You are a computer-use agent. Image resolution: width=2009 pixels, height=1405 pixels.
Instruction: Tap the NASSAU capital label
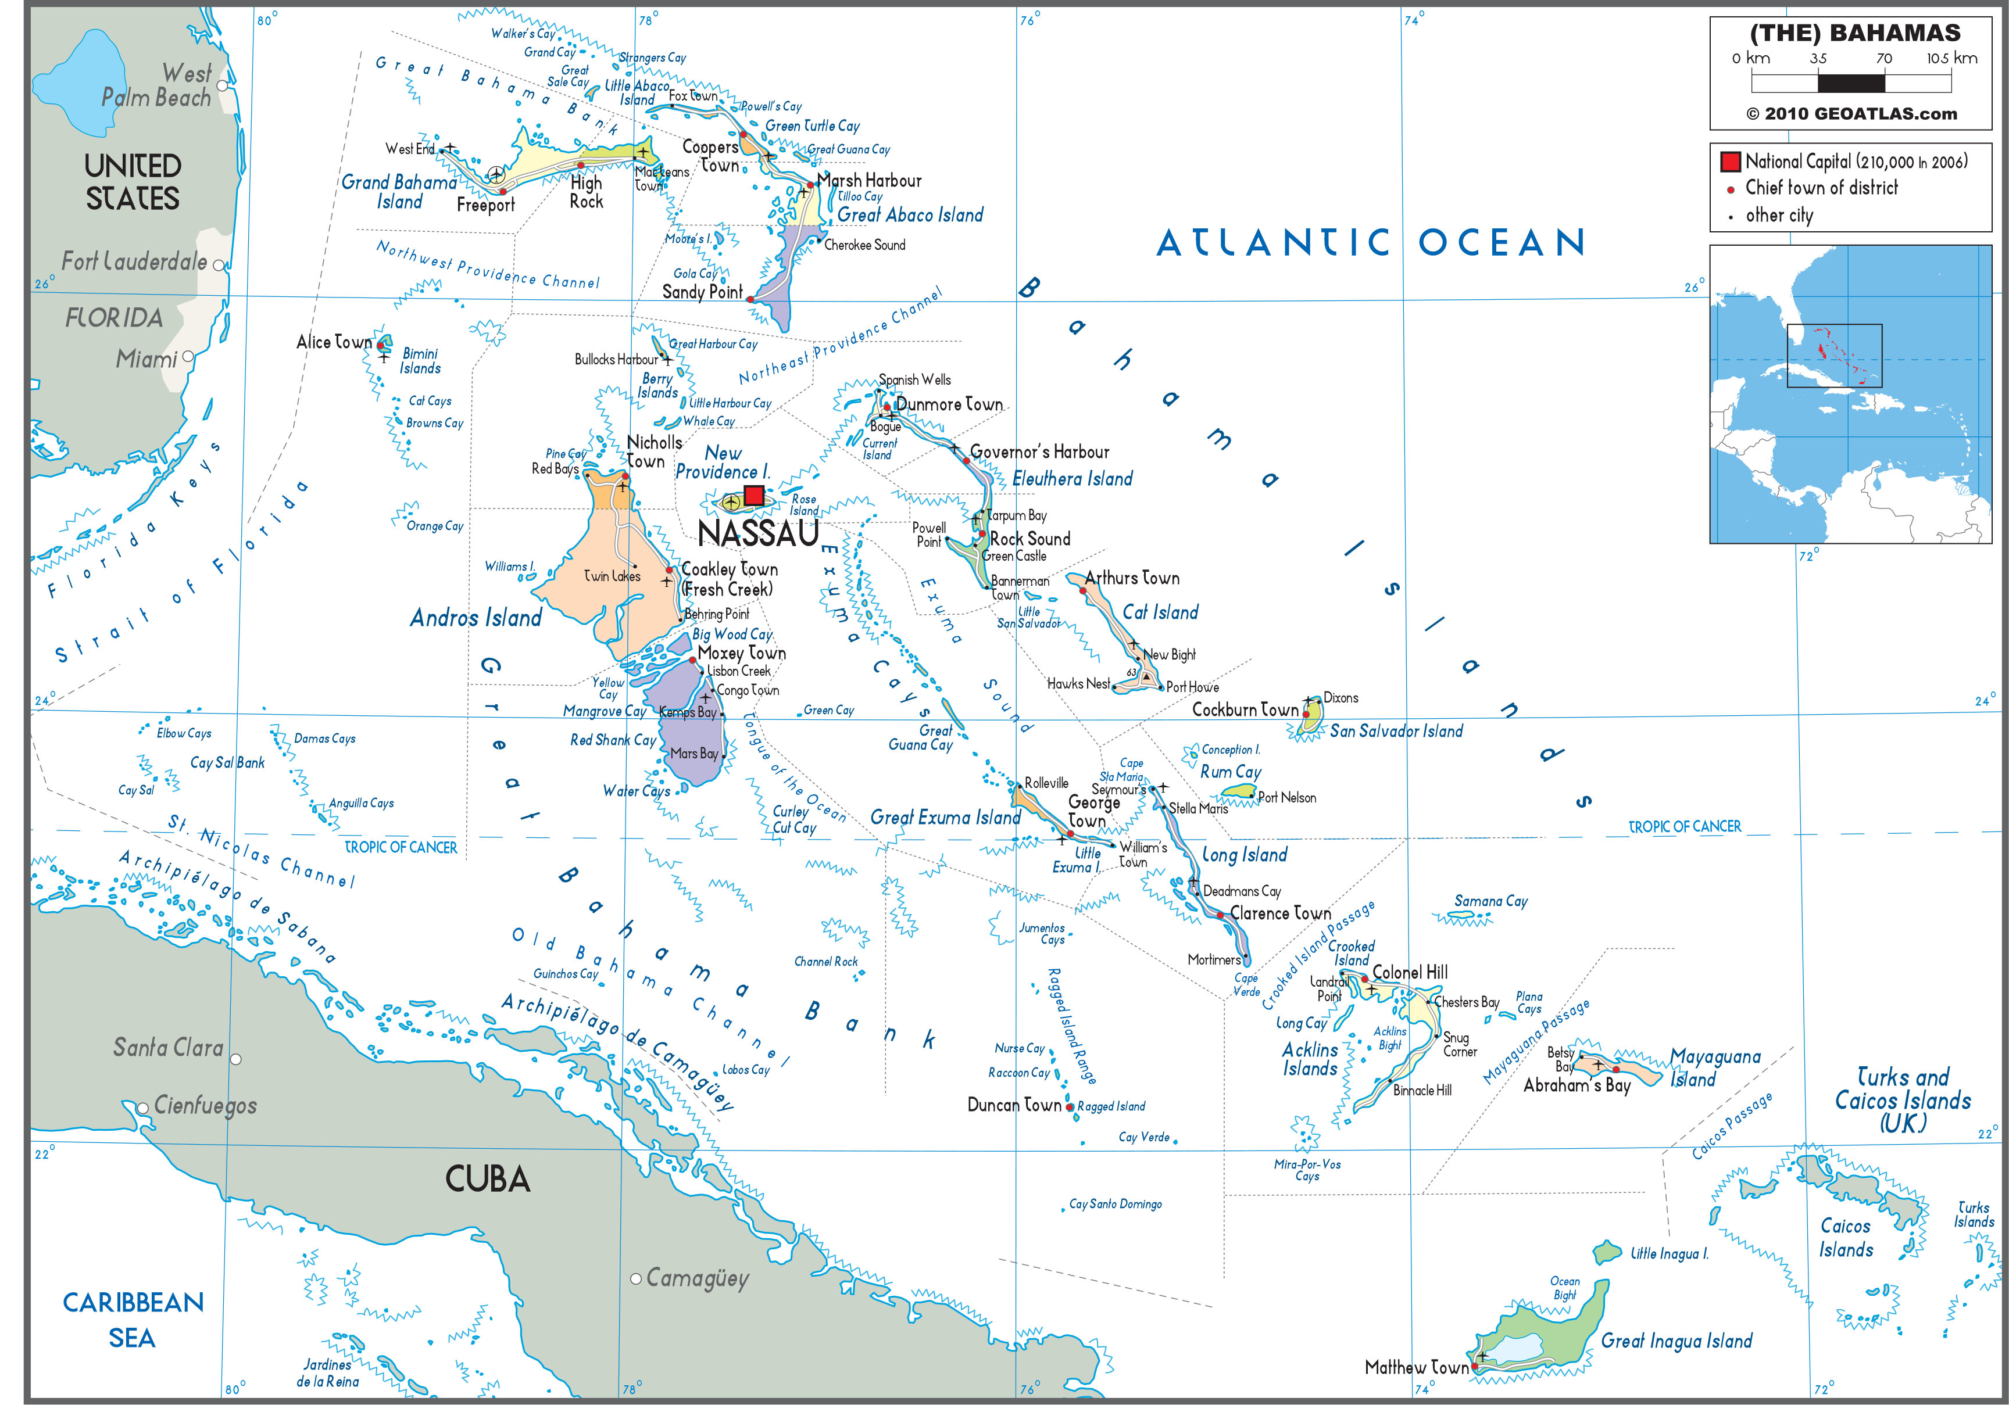758,533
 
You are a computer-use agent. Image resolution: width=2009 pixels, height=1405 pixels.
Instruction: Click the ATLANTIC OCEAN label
1371,242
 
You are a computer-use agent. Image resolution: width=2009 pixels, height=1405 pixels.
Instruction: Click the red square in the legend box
1730,162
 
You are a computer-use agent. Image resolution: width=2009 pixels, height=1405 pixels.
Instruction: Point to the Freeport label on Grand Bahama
485,205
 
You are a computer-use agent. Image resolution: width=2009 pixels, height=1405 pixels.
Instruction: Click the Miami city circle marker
188,357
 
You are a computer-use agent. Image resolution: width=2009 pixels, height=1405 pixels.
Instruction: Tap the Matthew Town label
1415,1367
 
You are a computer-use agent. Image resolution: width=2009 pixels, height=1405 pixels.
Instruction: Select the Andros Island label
476,618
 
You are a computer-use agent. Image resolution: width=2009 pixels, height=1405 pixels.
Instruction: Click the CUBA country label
487,1180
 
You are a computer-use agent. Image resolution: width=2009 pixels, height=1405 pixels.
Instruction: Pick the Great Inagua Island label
1676,1341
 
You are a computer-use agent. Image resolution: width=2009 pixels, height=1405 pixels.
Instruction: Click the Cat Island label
1160,612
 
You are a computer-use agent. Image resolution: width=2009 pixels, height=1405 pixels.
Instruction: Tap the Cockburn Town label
1245,709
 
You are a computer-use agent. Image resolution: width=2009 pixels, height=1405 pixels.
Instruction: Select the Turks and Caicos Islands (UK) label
1903,1100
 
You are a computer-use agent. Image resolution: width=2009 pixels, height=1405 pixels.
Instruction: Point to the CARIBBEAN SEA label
133,1319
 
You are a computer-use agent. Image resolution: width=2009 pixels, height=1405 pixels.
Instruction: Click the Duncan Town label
1014,1105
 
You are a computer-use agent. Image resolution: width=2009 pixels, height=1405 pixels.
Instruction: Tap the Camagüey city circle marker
636,1278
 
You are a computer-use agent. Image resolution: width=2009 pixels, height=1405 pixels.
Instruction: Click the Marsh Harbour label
869,180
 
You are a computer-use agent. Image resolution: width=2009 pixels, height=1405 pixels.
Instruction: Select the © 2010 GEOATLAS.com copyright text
1851,114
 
